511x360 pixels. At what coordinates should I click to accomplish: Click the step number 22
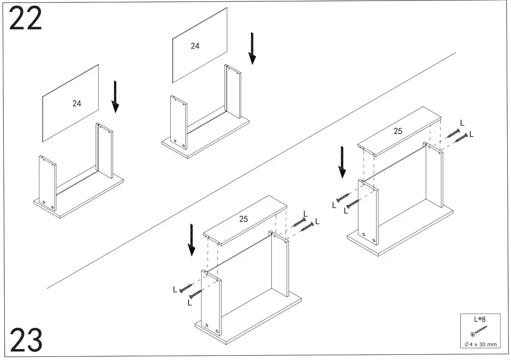[25, 19]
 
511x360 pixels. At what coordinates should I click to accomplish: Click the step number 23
[25, 340]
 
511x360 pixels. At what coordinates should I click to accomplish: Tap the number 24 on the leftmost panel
[77, 103]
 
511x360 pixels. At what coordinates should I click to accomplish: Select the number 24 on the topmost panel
[195, 46]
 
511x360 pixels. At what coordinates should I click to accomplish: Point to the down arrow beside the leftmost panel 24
[115, 97]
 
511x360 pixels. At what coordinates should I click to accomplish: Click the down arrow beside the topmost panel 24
[252, 48]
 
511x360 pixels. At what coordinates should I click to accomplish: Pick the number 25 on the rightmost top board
[398, 131]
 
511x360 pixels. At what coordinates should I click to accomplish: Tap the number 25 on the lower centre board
[244, 219]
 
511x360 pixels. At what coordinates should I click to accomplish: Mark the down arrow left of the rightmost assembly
[342, 162]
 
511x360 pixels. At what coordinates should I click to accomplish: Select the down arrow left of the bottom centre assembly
[191, 240]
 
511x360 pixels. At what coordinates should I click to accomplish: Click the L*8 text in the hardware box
[480, 319]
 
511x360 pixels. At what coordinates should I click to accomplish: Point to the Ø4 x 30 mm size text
[480, 344]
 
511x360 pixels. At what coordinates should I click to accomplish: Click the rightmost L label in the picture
[471, 135]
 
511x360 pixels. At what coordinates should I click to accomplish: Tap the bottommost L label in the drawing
[189, 303]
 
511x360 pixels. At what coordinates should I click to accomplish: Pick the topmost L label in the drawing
[462, 123]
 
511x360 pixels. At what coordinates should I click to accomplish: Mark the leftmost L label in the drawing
[175, 289]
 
